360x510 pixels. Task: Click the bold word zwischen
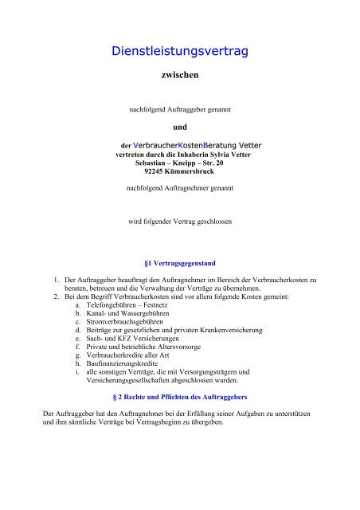[x=180, y=79]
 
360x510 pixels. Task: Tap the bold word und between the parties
[x=180, y=126]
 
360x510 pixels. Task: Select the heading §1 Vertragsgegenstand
[x=180, y=261]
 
